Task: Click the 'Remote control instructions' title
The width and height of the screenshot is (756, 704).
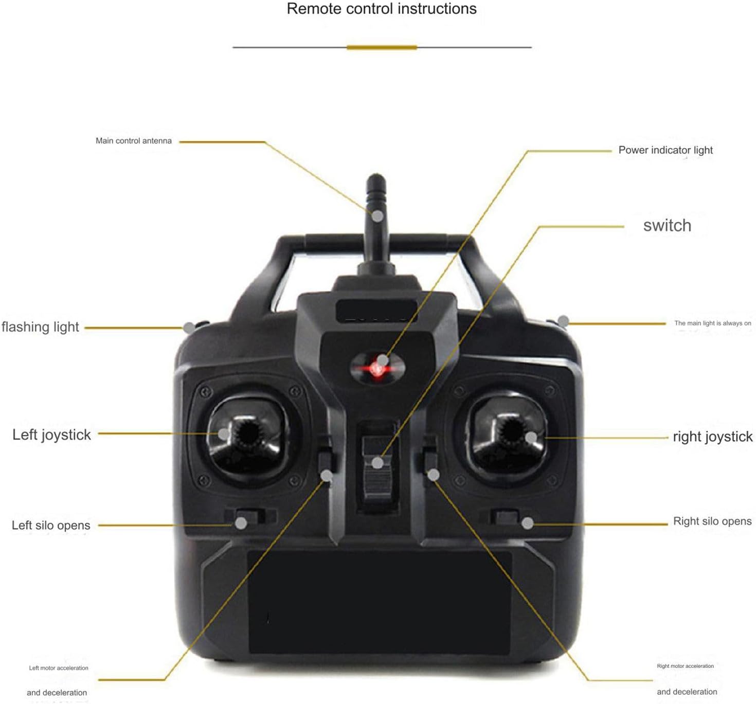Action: (382, 9)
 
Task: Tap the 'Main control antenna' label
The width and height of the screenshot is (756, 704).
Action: (134, 141)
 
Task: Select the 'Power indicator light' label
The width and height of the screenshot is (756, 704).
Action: (665, 150)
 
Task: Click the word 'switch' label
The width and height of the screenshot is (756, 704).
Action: (667, 226)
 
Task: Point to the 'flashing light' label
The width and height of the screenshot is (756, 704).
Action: (40, 327)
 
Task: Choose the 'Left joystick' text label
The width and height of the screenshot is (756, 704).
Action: (51, 435)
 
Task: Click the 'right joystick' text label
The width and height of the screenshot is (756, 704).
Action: (712, 437)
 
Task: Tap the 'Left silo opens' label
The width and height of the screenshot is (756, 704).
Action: (51, 525)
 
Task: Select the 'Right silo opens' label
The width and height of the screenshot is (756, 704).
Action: (712, 521)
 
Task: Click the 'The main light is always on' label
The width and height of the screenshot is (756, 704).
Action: (713, 323)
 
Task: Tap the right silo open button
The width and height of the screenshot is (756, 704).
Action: (506, 516)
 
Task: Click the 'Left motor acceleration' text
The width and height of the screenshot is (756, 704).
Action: (59, 668)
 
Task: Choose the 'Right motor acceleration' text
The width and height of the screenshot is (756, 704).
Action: (685, 666)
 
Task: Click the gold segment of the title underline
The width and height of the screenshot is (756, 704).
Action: (382, 47)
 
